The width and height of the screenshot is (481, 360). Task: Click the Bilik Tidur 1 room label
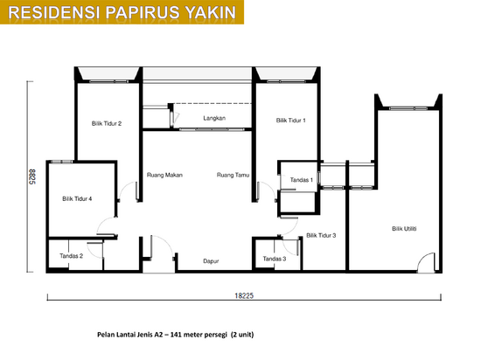click(291, 121)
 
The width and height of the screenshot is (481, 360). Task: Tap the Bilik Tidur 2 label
click(107, 123)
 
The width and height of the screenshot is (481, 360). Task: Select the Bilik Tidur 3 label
click(321, 235)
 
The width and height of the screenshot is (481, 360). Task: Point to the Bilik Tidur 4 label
click(77, 199)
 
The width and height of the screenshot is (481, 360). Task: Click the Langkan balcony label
click(214, 118)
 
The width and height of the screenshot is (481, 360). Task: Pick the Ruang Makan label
click(164, 175)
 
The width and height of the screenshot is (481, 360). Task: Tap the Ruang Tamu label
click(233, 175)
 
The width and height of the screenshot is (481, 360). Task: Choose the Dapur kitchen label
click(211, 261)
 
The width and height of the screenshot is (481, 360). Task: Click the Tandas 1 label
click(301, 180)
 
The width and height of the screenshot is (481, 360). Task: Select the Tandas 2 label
click(71, 256)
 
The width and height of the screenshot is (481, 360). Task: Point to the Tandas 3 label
click(275, 259)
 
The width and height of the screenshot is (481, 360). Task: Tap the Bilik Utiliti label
click(404, 229)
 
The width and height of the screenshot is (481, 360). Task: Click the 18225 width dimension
click(244, 295)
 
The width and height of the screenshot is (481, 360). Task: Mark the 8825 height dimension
click(32, 177)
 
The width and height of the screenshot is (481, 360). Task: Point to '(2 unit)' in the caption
click(242, 335)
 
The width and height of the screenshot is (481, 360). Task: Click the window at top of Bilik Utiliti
click(408, 108)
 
